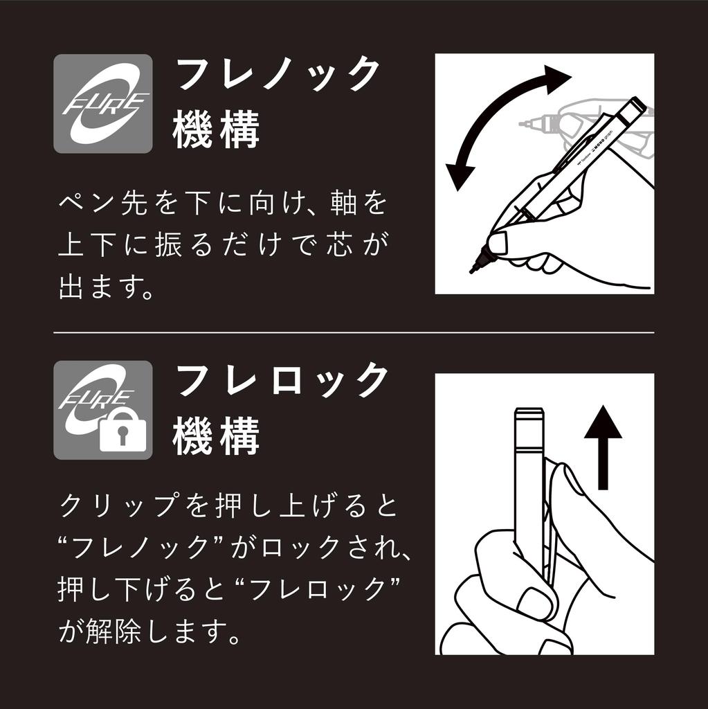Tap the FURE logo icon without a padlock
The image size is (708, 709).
103,104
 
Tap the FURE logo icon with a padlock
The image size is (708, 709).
103,410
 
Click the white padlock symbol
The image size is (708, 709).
123,433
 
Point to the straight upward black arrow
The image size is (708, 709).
603,447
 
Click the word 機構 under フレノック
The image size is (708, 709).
216,131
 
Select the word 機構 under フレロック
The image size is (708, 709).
216,438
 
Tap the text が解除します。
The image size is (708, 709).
149,631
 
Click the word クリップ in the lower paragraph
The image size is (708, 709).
117,505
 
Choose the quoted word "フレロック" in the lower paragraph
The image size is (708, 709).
319,589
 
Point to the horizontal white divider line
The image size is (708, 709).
354,332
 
